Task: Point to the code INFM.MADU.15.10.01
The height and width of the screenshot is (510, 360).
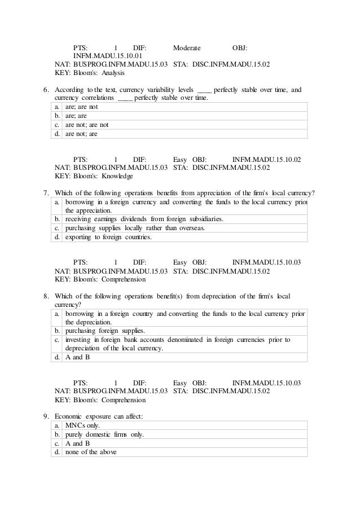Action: pyautogui.click(x=107, y=56)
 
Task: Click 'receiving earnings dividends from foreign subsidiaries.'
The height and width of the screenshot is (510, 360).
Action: pyautogui.click(x=144, y=219)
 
